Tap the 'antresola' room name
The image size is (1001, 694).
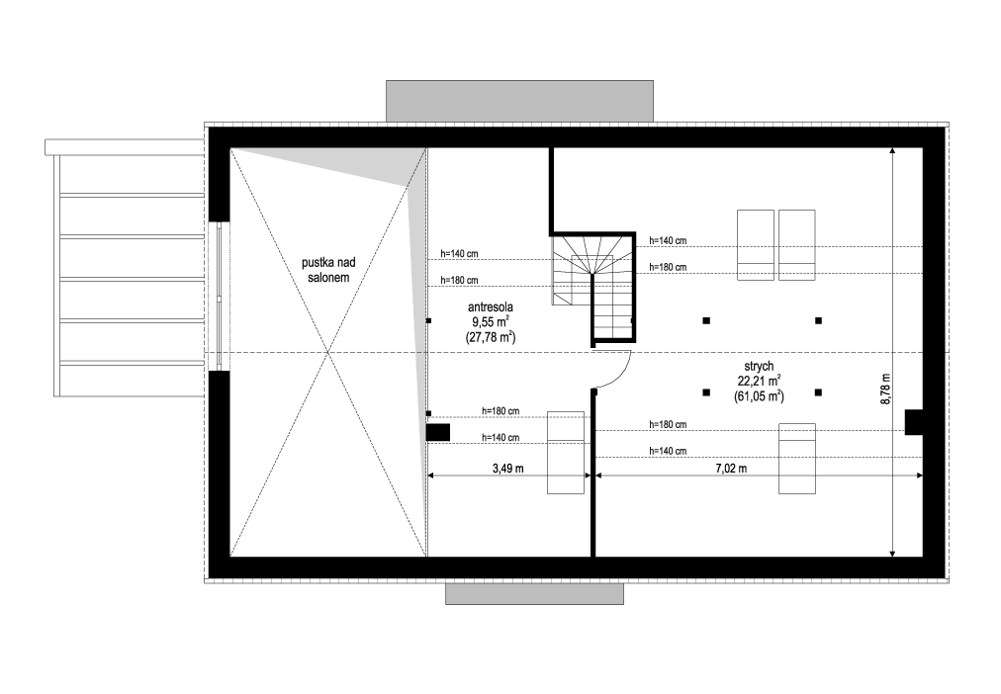[490, 307]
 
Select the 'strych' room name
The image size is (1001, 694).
[759, 366]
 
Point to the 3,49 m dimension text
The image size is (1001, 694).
[507, 468]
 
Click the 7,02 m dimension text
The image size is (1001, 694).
[731, 468]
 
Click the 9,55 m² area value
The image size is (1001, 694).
[490, 322]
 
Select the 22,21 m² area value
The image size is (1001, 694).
[759, 381]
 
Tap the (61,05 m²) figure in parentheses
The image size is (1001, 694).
[759, 395]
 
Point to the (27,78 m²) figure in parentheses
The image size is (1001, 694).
[490, 337]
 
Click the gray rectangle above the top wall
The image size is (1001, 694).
[519, 100]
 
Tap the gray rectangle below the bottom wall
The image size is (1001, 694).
[534, 593]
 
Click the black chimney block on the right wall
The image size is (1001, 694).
[913, 421]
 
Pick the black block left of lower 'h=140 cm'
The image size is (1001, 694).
[438, 432]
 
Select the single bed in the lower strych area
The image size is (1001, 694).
[797, 458]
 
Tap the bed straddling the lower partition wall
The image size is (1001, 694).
[567, 452]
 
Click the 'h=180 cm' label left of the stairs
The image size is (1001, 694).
[459, 280]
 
